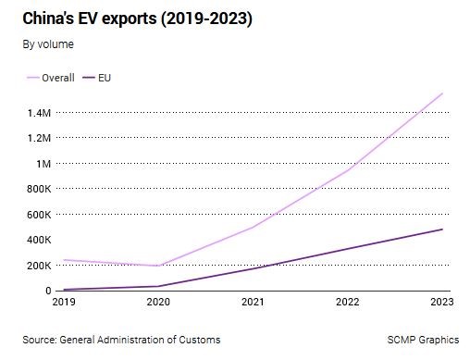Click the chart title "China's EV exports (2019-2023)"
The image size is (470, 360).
pyautogui.click(x=137, y=19)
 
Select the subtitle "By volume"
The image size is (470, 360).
pyautogui.click(x=48, y=44)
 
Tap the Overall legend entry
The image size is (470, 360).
pyautogui.click(x=51, y=78)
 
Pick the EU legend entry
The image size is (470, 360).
pyautogui.click(x=96, y=78)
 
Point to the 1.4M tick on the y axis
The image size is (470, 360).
pyautogui.click(x=39, y=113)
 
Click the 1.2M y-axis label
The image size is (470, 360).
pyautogui.click(x=39, y=138)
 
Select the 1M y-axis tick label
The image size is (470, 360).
pyautogui.click(x=43, y=164)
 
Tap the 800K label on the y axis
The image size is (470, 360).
pyautogui.click(x=39, y=189)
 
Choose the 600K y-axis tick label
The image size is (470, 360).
pyautogui.click(x=39, y=215)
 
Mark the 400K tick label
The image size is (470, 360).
pyautogui.click(x=39, y=240)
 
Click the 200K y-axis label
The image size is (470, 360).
pyautogui.click(x=39, y=266)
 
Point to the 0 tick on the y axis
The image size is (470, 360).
pyautogui.click(x=48, y=291)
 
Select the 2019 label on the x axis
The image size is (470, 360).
pyautogui.click(x=64, y=302)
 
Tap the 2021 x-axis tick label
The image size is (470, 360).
pyautogui.click(x=253, y=302)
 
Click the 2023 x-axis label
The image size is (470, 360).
pyautogui.click(x=442, y=302)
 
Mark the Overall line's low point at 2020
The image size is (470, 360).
pyautogui.click(x=158, y=266)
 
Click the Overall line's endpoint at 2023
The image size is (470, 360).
pyautogui.click(x=442, y=93)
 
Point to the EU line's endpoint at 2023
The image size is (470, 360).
pyautogui.click(x=442, y=230)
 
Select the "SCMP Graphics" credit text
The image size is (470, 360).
pyautogui.click(x=423, y=340)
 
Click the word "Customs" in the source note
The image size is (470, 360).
pyautogui.click(x=200, y=340)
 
